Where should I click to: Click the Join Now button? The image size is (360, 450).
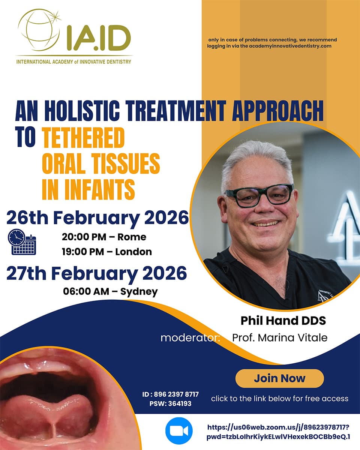[x=279, y=378]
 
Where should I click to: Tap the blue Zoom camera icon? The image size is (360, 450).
[x=179, y=431]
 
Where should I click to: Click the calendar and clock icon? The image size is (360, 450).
[x=22, y=242]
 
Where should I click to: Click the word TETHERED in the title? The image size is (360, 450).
[x=83, y=138]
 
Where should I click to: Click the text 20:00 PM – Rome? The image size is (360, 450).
[x=104, y=237]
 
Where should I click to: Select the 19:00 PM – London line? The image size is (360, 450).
[x=106, y=252]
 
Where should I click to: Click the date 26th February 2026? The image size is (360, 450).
[x=97, y=217]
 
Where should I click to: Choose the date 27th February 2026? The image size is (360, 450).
[x=96, y=274]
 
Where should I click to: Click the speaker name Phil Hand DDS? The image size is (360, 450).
[x=283, y=321]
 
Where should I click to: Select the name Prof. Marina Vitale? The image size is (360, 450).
[x=280, y=337]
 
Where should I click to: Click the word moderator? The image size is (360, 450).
[x=190, y=338]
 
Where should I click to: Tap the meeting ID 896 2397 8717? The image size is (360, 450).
[x=170, y=394]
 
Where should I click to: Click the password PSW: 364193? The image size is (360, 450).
[x=170, y=403]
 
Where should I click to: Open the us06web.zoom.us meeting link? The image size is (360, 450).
[x=279, y=432]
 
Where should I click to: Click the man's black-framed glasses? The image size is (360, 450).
[x=259, y=195]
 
